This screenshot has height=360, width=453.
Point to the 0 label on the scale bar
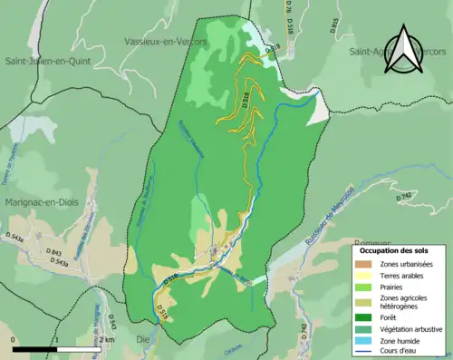pyautogui.click(x=14, y=339)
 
